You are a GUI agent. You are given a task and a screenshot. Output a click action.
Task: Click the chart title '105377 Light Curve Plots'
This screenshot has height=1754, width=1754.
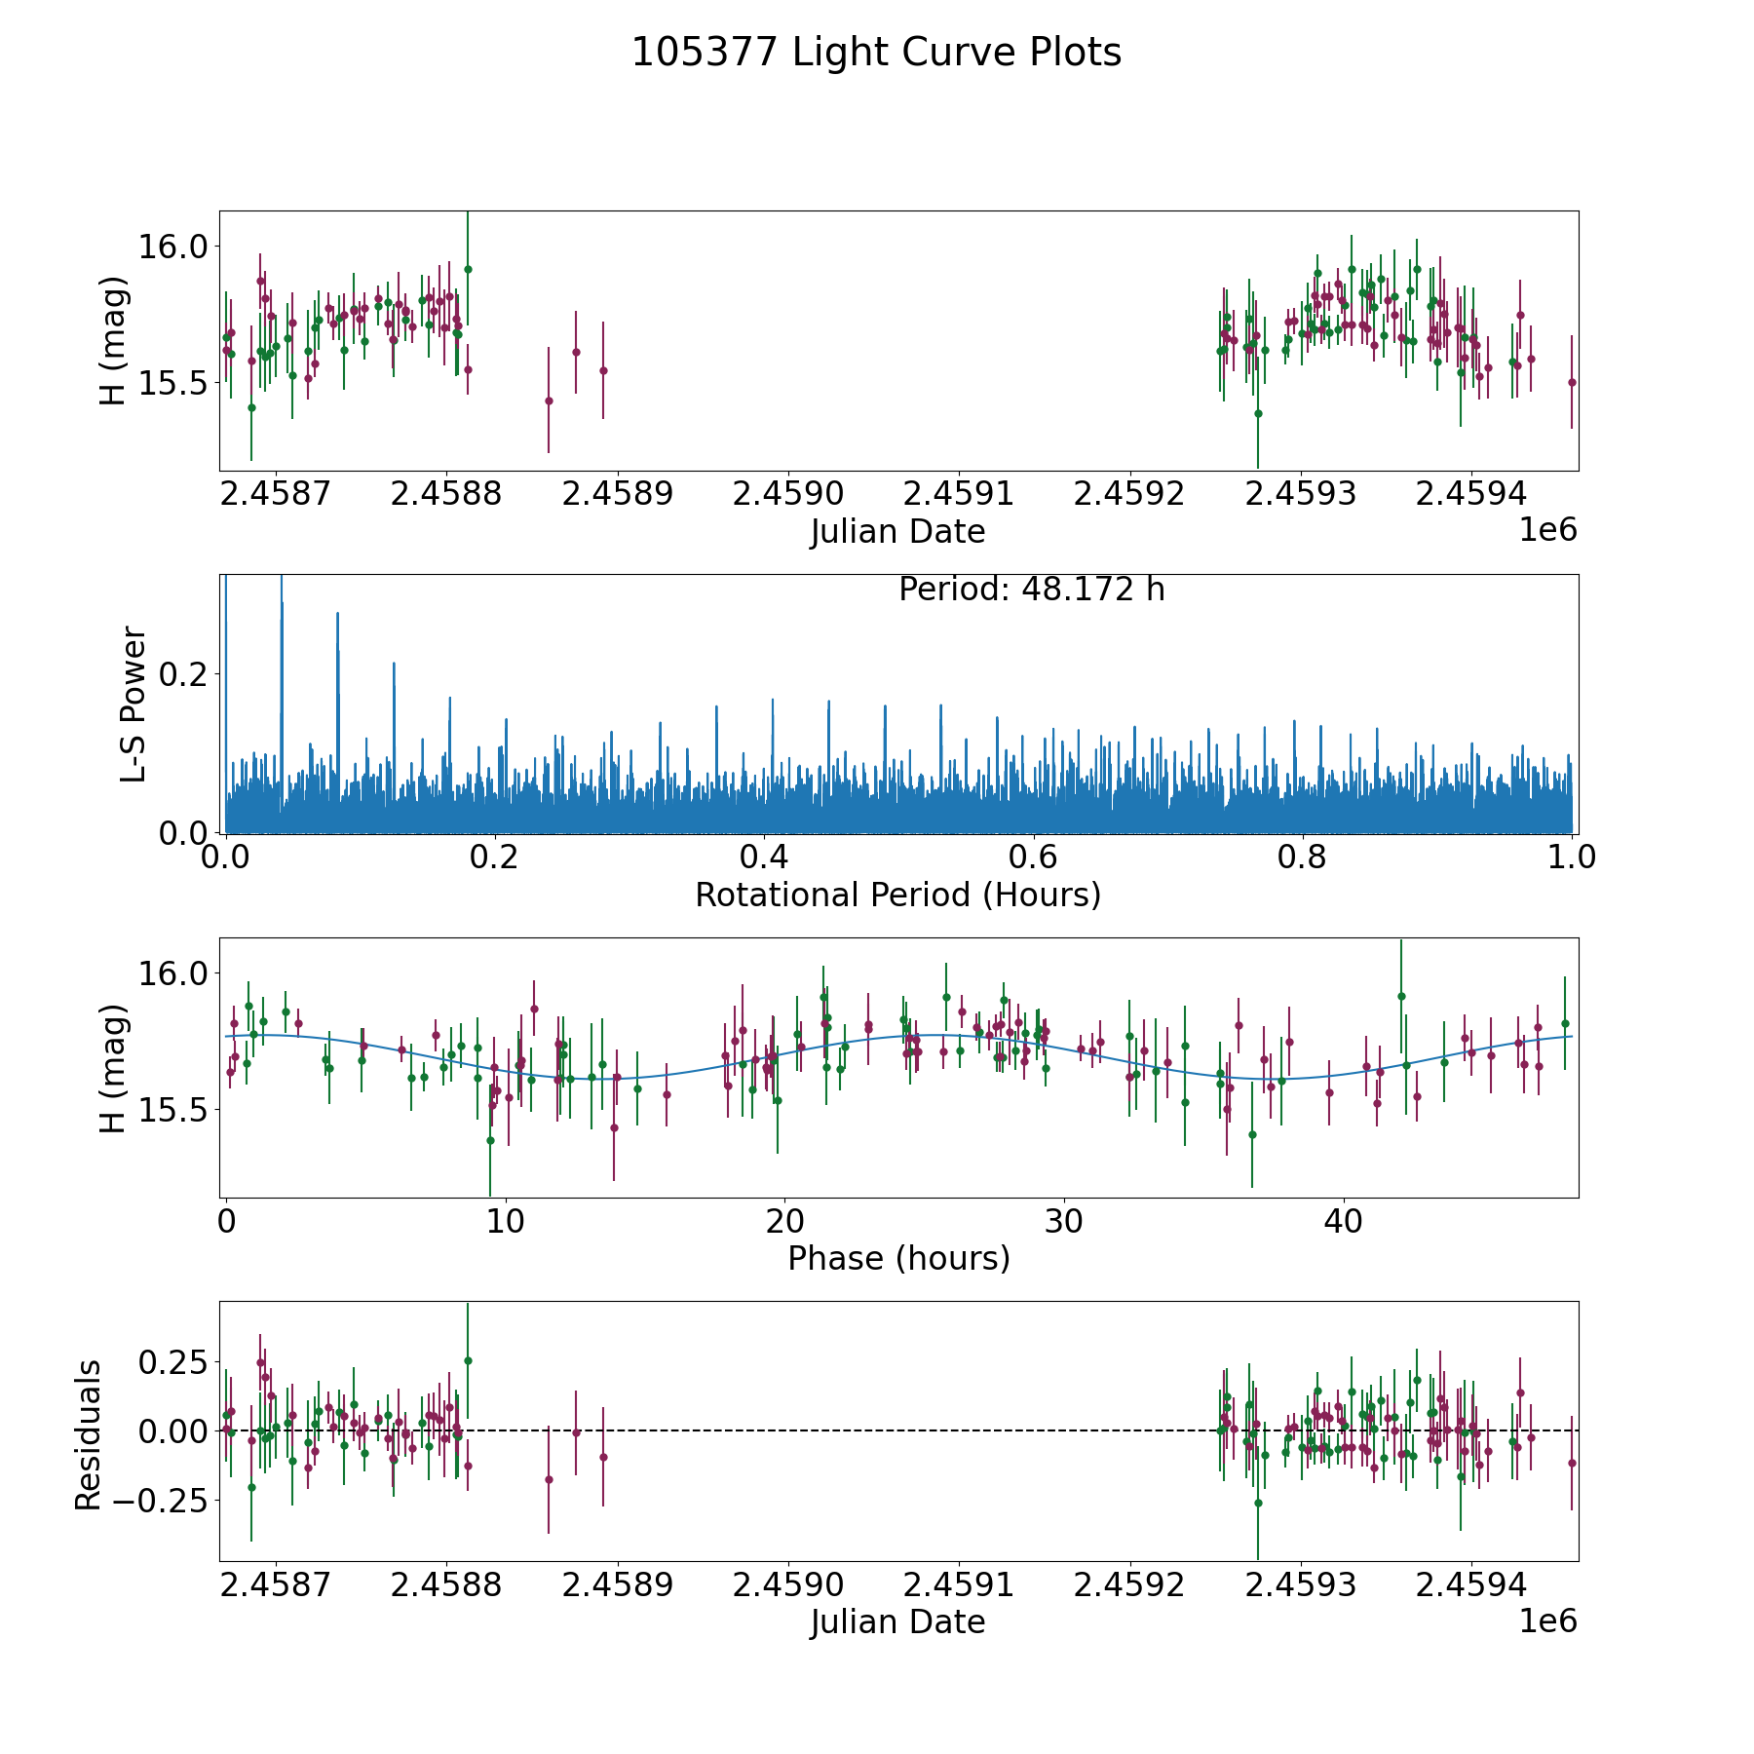point(876,53)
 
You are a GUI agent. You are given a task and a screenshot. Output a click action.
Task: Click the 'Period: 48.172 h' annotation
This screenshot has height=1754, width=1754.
point(1031,590)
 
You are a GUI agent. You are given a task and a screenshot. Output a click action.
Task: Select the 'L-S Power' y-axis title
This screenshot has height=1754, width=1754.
point(133,704)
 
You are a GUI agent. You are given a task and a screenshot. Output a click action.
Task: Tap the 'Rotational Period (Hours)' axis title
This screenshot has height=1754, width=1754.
point(897,895)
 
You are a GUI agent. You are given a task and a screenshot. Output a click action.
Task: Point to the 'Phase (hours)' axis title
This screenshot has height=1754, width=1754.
point(897,1258)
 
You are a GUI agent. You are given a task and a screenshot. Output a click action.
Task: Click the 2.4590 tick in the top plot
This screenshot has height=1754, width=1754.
point(787,493)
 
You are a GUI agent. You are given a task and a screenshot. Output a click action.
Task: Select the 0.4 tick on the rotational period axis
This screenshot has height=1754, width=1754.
point(764,858)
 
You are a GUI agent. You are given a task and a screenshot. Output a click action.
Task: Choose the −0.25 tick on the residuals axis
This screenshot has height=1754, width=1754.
point(162,1500)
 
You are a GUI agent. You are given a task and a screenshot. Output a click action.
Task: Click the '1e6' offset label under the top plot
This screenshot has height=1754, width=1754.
point(1547,530)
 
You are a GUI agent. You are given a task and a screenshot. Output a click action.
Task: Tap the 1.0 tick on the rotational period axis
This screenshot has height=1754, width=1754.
point(1572,858)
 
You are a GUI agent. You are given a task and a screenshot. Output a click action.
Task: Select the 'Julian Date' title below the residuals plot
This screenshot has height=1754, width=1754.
point(897,1622)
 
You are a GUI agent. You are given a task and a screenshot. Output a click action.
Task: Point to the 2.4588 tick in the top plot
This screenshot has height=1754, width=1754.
point(446,493)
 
